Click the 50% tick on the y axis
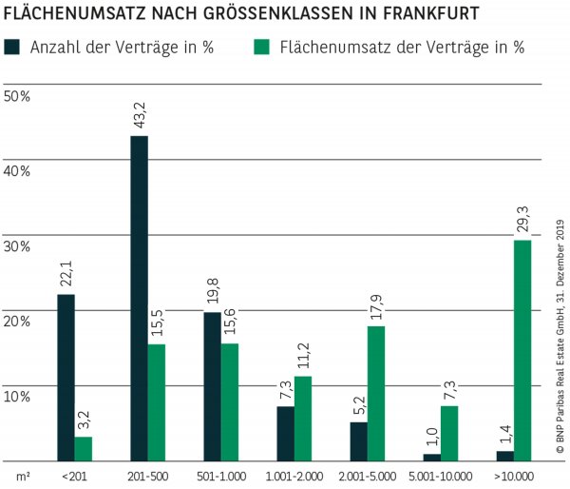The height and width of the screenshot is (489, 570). [x=18, y=96]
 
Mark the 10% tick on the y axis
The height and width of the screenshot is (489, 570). [x=18, y=396]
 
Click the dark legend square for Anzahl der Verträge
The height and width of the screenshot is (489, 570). [x=12, y=47]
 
